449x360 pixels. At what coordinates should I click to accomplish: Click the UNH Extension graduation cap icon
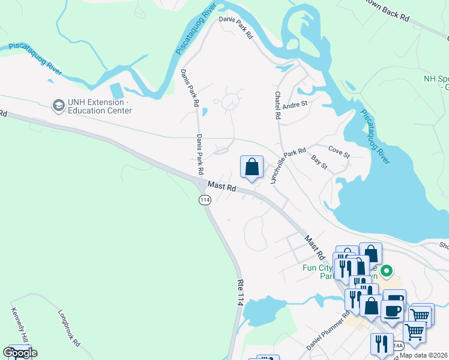(x=58, y=106)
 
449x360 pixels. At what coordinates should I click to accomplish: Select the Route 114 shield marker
(x=205, y=200)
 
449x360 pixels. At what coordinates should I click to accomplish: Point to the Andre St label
(x=295, y=103)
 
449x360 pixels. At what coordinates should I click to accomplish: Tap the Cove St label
(x=339, y=151)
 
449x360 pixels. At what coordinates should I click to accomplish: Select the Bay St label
(x=319, y=162)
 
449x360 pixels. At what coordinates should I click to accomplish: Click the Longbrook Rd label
(x=70, y=328)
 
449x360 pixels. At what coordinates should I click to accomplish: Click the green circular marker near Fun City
(x=387, y=272)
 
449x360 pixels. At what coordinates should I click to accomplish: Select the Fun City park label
(x=318, y=272)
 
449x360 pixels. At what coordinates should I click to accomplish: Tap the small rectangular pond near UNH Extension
(x=117, y=91)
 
